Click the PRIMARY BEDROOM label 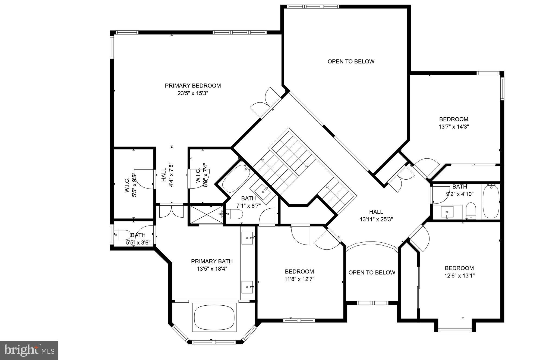coord(193,86)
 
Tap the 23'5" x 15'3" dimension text coord(193,93)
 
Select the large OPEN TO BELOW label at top coord(351,61)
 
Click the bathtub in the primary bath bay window coord(214,317)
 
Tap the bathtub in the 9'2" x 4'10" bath coord(491,201)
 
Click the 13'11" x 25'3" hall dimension coord(376,220)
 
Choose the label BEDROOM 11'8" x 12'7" coord(299,275)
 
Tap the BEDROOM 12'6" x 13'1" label coord(459,272)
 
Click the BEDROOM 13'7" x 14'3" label coord(454,123)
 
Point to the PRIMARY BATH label coord(212,261)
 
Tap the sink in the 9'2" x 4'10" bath coord(447,212)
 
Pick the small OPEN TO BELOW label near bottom coord(372,273)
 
